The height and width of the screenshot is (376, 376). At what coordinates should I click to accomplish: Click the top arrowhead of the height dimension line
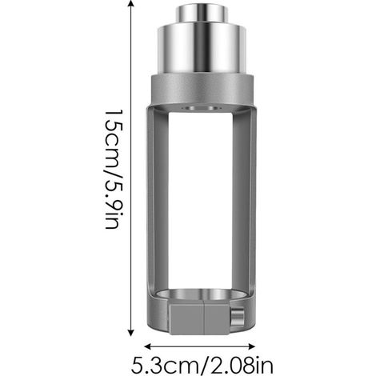[x=130, y=3]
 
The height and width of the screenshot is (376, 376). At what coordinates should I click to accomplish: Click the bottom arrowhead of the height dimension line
[x=130, y=333]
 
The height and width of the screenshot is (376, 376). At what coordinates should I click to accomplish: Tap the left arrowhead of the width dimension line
[x=148, y=346]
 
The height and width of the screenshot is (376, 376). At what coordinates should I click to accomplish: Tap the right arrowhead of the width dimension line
[x=251, y=346]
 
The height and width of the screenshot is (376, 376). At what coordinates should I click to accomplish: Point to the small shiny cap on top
[x=202, y=14]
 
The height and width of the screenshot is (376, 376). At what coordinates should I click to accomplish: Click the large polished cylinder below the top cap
[x=202, y=50]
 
